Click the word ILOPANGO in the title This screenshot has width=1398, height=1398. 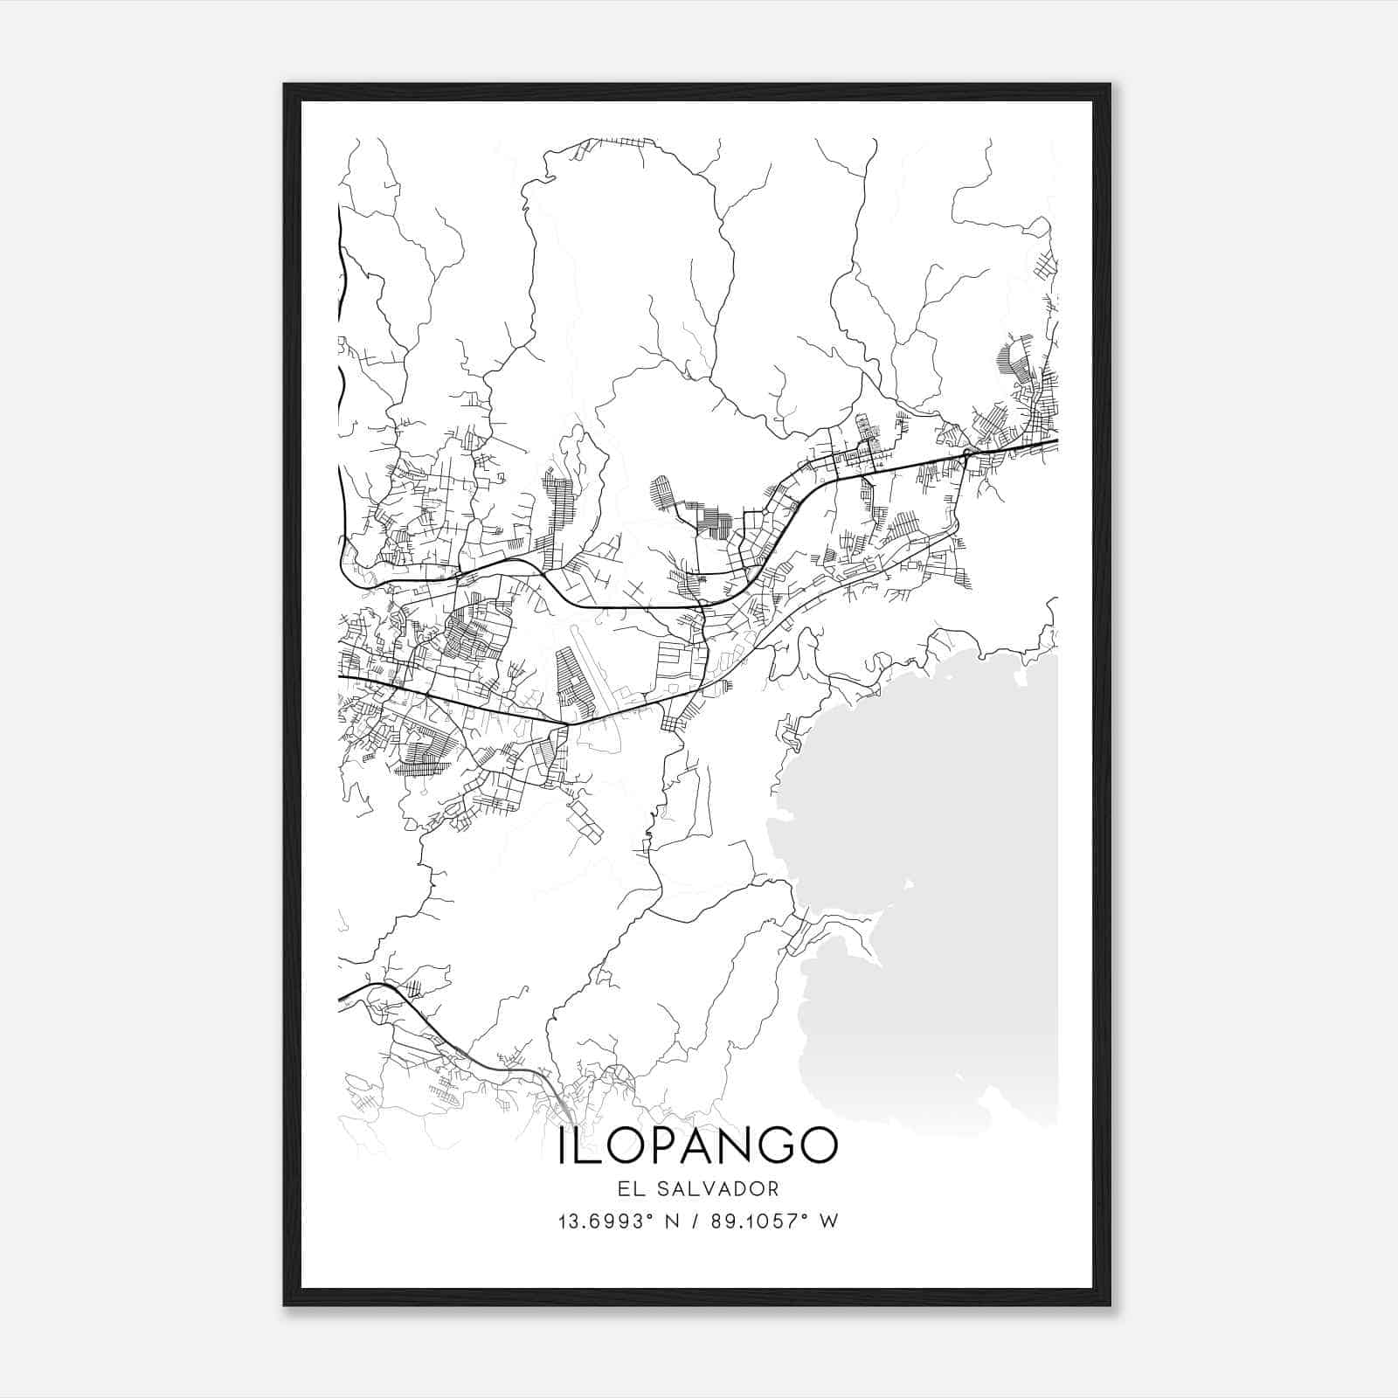click(x=697, y=1145)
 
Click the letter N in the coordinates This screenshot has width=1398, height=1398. click(x=674, y=1221)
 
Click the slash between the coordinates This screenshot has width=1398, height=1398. click(x=696, y=1221)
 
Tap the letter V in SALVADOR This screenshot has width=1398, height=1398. click(x=712, y=1188)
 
